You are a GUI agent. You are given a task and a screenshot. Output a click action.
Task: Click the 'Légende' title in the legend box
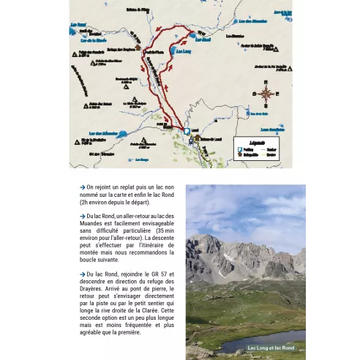256,141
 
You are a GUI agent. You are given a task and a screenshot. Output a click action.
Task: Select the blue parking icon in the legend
239,149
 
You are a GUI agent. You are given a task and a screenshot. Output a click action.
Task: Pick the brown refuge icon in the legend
239,155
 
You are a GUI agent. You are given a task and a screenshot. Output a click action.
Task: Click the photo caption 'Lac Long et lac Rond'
271,348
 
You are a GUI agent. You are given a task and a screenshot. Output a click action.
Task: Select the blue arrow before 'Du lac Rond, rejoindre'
83,274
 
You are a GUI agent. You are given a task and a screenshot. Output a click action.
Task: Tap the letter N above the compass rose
266,83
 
